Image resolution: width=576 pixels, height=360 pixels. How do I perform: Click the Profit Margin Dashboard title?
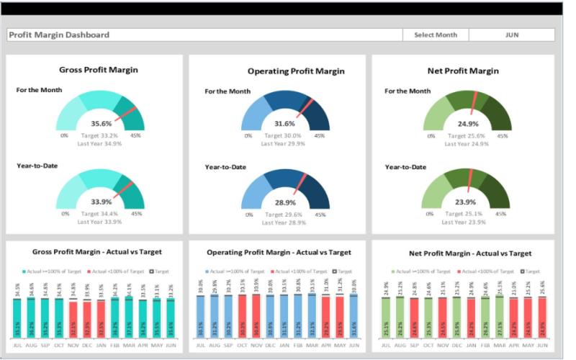[59, 35]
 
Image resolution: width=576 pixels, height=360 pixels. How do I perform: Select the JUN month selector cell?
[512, 35]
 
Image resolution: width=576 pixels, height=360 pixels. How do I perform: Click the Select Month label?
[436, 35]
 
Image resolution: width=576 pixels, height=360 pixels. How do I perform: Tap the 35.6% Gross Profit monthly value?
[101, 123]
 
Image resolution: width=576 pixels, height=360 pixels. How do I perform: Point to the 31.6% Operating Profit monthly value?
[284, 123]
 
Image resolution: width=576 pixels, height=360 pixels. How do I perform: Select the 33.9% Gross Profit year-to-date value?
[101, 202]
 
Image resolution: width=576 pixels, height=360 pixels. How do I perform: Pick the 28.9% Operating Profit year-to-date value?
[284, 202]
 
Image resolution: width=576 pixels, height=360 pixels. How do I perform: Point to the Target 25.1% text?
[466, 214]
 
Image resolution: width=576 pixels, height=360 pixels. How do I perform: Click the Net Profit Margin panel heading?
[464, 71]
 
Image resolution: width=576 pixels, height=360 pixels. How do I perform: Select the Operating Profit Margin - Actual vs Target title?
[279, 253]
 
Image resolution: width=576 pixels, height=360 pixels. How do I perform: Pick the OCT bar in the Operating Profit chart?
[242, 318]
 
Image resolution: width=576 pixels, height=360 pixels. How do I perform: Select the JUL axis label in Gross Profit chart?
[17, 346]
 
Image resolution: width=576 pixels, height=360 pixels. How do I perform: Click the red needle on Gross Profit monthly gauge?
[124, 113]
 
